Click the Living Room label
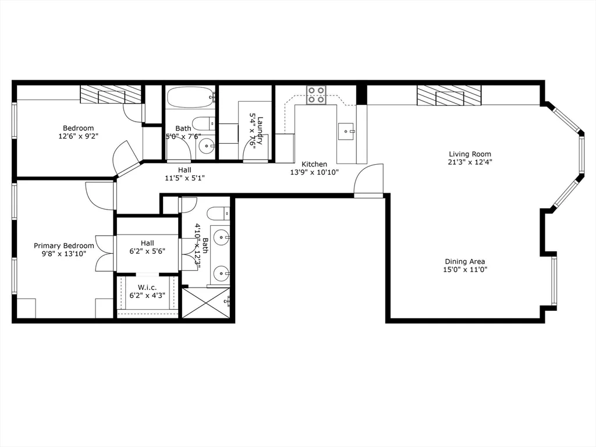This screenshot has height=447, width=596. [470, 154]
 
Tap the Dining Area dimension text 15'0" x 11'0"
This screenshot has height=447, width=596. [465, 269]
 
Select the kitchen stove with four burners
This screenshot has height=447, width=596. [317, 95]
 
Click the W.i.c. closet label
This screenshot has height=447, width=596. [147, 287]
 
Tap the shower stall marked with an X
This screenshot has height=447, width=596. [207, 303]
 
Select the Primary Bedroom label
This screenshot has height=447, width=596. [63, 246]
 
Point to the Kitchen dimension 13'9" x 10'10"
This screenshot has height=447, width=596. [314, 172]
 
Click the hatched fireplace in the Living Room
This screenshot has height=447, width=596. [449, 95]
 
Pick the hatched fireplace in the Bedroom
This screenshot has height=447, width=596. [111, 94]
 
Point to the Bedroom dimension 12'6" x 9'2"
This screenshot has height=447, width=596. [78, 136]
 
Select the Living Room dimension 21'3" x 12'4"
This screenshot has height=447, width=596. [470, 162]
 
